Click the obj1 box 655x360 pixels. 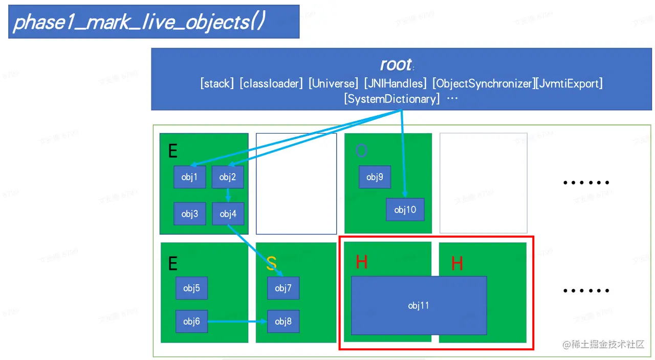[x=190, y=177]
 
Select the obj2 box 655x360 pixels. [x=228, y=177]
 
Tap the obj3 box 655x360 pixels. [x=190, y=214]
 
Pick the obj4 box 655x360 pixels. [x=228, y=214]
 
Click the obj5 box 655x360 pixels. [x=191, y=288]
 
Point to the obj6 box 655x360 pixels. [x=191, y=321]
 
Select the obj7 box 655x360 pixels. [x=283, y=288]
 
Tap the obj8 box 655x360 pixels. [x=283, y=321]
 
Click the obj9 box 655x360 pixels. [x=375, y=177]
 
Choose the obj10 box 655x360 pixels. [x=405, y=209]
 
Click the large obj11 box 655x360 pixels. [x=419, y=305]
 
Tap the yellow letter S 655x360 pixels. [x=271, y=263]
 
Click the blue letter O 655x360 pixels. [x=361, y=151]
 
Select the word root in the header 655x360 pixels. [x=396, y=65]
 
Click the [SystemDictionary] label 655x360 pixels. [x=392, y=99]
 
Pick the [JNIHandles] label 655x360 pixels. [x=395, y=83]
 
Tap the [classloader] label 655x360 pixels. [x=271, y=83]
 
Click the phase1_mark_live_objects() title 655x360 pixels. [x=139, y=22]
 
